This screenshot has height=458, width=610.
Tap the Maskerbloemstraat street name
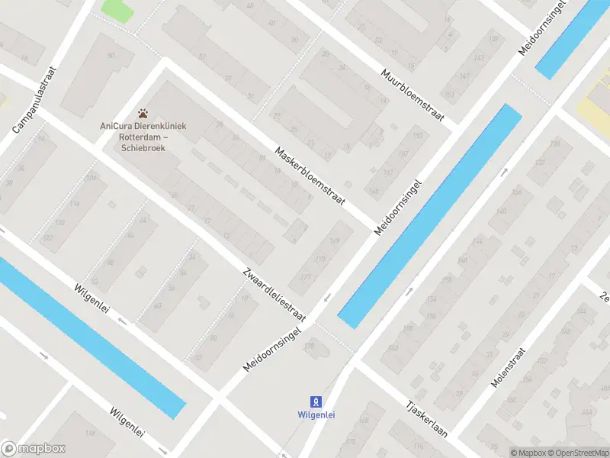click(x=310, y=176)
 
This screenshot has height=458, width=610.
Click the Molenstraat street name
click(x=510, y=366)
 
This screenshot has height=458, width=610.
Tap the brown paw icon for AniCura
click(x=143, y=112)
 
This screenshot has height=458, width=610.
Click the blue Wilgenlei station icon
click(x=315, y=401)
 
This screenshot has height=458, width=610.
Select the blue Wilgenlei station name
click(x=315, y=415)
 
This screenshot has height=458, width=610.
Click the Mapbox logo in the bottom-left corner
click(x=34, y=449)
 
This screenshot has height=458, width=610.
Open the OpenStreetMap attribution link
click(x=576, y=453)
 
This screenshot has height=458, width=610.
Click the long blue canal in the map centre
click(x=429, y=216)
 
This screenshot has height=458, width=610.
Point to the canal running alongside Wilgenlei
click(x=91, y=336)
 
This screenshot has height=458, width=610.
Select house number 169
click(x=334, y=242)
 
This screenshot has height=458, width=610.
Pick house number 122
click(x=48, y=238)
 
